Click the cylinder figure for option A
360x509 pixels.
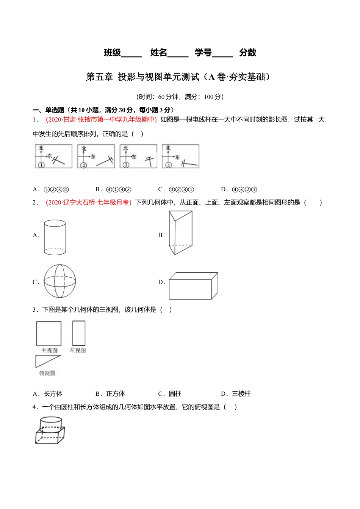(x=55, y=237)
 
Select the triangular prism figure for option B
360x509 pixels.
(x=180, y=233)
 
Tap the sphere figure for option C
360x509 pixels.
(x=60, y=281)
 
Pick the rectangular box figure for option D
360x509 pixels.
(x=193, y=286)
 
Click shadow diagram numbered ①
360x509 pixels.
(x=53, y=156)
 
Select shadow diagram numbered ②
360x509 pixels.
(x=96, y=156)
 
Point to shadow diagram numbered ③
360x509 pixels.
(x=138, y=156)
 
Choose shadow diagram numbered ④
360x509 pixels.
(x=180, y=156)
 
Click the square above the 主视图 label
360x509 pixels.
(x=49, y=334)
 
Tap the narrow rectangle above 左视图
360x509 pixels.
(x=79, y=333)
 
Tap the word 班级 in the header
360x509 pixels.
(x=112, y=53)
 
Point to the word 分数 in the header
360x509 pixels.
(x=248, y=53)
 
